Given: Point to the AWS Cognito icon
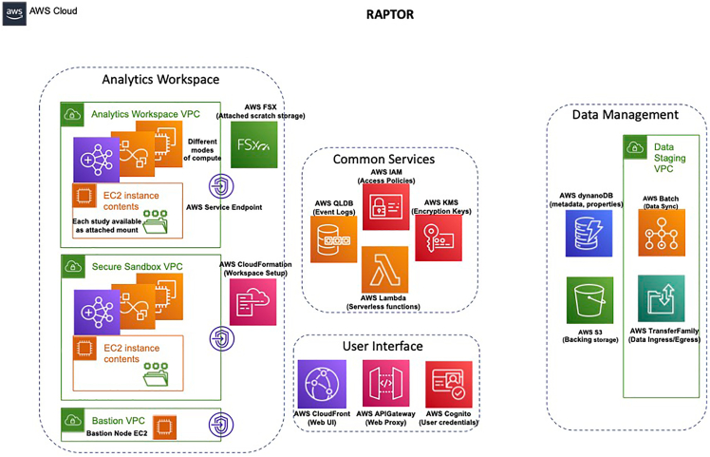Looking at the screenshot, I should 449,385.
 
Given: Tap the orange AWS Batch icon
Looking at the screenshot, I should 663,234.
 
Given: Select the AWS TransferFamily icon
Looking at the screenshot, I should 663,299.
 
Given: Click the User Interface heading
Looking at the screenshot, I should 383,346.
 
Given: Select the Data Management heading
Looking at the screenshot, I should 625,115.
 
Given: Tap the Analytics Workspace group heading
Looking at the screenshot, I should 160,80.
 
